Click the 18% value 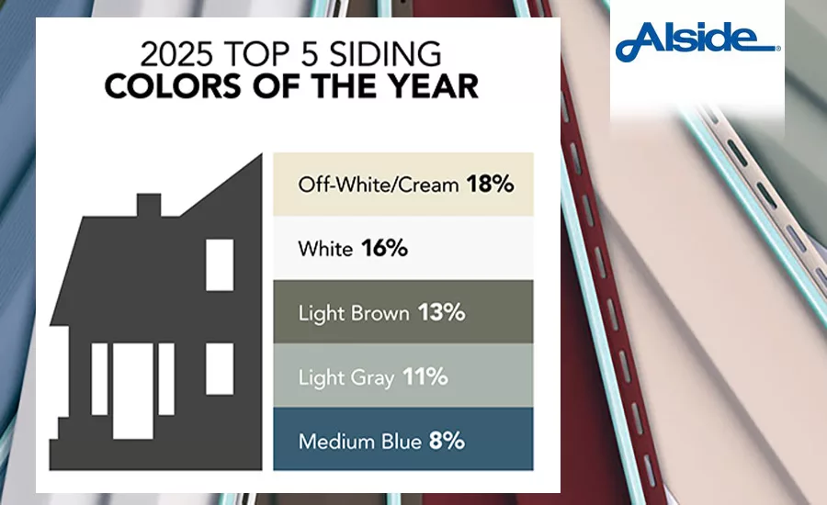pos(489,184)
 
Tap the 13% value pos(441,312)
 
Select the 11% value pos(424,376)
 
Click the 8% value pos(446,441)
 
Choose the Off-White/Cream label pos(378,184)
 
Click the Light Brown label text pos(353,312)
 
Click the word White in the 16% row pos(324,248)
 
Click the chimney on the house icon pos(149,205)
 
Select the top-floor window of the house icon pos(220,264)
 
